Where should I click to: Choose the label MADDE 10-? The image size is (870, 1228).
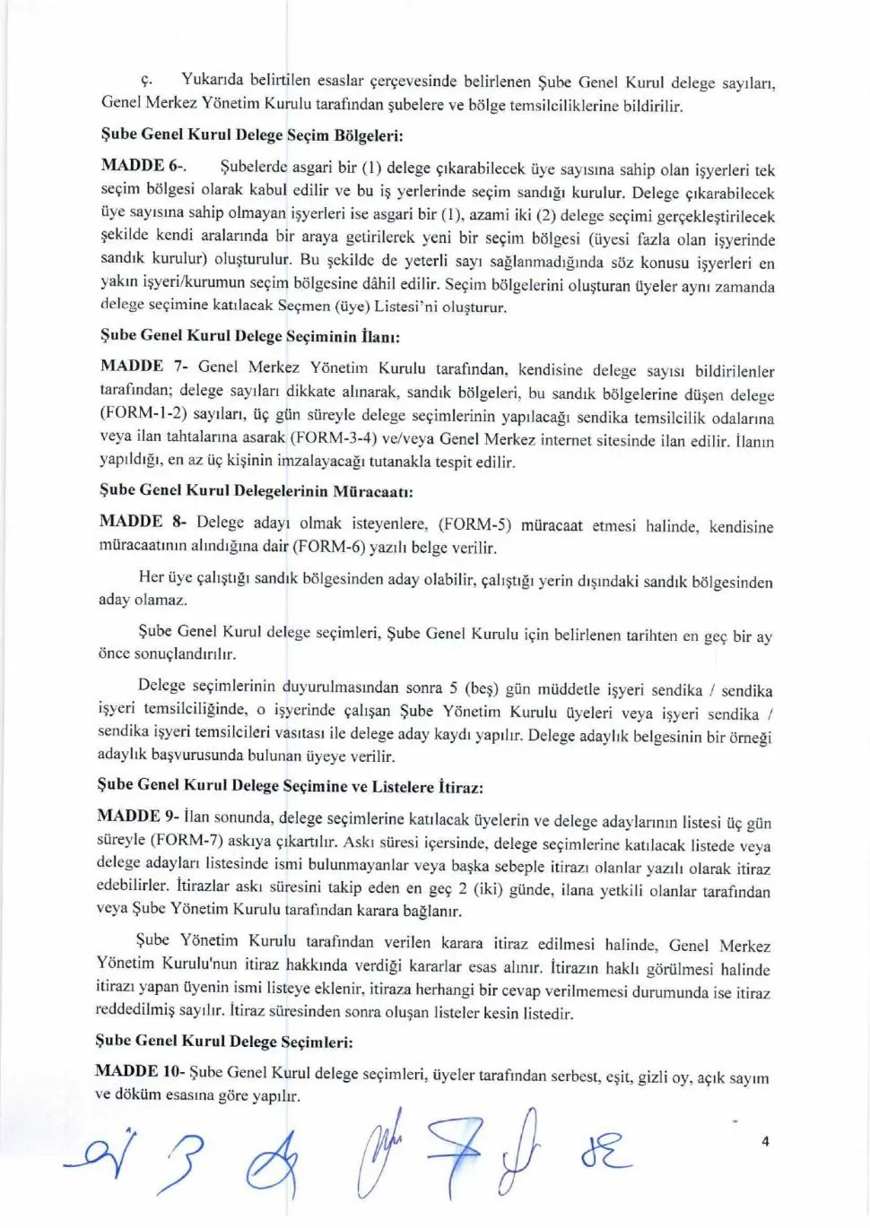click(139, 1071)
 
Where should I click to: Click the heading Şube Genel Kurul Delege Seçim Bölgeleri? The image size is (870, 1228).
click(252, 134)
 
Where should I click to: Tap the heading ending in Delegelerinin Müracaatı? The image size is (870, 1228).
click(255, 490)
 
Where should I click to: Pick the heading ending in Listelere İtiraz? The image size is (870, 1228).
click(290, 785)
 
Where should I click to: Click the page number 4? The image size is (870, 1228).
click(764, 1141)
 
